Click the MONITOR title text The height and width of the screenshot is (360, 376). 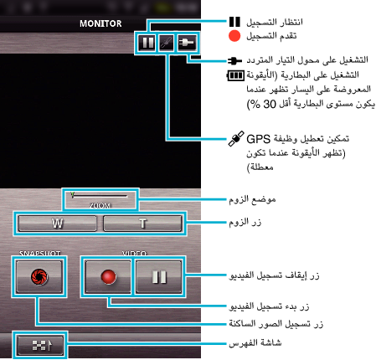coord(100,23)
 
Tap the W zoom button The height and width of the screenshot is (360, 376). coord(57,224)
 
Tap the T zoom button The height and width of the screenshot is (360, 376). coord(142,224)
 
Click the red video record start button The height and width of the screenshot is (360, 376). coord(108,277)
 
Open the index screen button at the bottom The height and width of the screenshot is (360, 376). coord(40,345)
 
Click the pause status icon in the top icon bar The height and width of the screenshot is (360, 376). coord(147,43)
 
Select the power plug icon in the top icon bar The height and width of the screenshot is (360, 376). coord(187,43)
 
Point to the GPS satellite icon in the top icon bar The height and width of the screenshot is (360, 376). coord(167,43)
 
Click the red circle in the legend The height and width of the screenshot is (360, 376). coord(234,36)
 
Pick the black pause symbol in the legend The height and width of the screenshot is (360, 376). coord(234,22)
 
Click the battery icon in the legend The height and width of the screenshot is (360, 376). coord(235,75)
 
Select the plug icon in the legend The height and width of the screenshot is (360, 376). coord(234,60)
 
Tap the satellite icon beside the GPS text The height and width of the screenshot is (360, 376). coord(236,138)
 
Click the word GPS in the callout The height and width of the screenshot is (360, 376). coord(258,139)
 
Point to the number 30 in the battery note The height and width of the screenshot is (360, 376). coord(270,104)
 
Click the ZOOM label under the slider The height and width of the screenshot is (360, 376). coord(100,206)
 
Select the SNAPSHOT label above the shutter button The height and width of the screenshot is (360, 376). coord(39,253)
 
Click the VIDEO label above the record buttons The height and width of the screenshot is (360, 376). coord(134,253)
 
